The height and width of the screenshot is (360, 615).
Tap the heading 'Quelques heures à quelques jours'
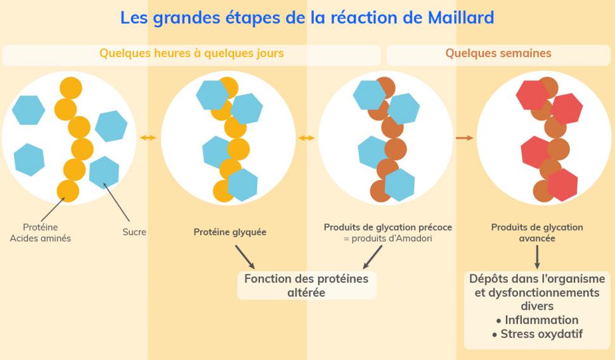pos(191,53)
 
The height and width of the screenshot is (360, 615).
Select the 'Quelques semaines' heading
pos(498,53)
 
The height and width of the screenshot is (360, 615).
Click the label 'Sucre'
pos(134,232)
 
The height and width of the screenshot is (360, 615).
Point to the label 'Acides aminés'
pos(41,238)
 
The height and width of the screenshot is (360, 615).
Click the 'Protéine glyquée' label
pos(230,232)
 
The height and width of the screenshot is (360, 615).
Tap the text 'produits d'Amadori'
pos(388,238)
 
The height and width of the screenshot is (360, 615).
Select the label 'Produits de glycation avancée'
pos(537,233)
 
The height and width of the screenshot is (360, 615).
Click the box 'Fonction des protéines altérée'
pos(306,285)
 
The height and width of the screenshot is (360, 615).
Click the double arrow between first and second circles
pos(148,138)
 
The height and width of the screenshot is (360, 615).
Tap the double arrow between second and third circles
pos(307,138)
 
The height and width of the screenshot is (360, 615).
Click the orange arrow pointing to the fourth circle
pos(465,138)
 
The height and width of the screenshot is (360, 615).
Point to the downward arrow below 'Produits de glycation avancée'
pos(537,257)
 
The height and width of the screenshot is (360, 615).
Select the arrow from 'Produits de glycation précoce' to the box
pos(373,257)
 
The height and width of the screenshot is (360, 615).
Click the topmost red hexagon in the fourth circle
pos(532,94)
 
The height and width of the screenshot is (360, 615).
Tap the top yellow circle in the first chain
pos(71,88)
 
